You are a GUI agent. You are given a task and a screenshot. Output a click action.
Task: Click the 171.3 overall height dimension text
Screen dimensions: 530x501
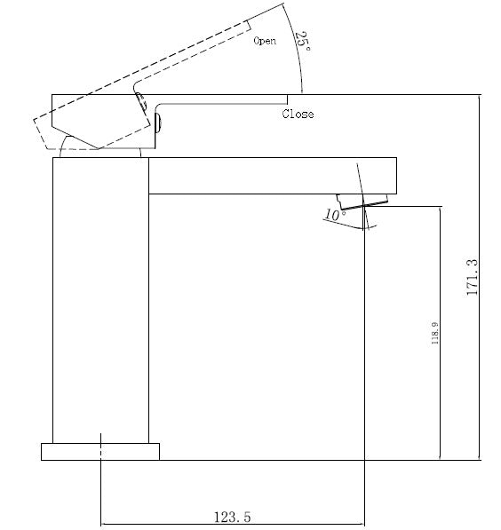[473, 276]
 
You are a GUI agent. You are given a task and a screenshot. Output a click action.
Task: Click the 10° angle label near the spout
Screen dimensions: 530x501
[333, 215]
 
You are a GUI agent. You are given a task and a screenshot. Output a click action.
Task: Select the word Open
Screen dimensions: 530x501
[264, 41]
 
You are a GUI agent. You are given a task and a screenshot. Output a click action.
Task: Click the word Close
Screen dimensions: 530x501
[298, 114]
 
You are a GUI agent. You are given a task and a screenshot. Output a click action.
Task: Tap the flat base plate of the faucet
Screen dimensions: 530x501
[99, 451]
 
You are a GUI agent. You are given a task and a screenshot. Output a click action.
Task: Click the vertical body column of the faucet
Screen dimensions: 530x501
[99, 302]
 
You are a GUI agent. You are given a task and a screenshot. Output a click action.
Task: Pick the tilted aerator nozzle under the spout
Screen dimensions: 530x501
[362, 200]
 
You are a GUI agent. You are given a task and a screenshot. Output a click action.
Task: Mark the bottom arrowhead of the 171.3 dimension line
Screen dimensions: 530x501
[480, 456]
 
